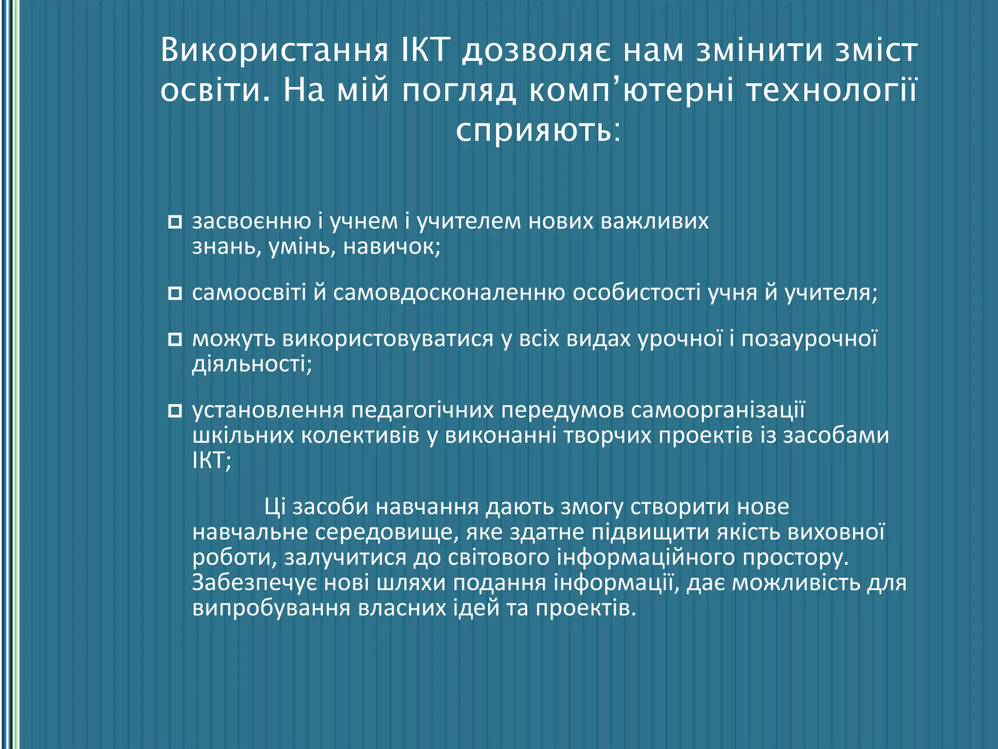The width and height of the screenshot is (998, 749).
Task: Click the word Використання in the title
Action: (274, 51)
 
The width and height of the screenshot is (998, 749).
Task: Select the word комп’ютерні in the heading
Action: (631, 91)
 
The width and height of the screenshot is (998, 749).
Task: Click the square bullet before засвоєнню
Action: (174, 222)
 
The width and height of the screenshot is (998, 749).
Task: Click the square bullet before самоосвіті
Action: (174, 294)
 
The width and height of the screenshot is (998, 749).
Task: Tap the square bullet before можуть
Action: (174, 339)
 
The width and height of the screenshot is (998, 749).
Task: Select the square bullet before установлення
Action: (174, 411)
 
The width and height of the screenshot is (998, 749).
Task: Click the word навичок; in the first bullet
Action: (392, 247)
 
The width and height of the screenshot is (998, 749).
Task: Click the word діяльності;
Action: (252, 364)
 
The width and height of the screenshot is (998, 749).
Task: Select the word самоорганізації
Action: (717, 411)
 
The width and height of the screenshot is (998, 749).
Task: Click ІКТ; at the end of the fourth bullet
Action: (211, 461)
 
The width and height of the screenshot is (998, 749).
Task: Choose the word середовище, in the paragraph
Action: (387, 532)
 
